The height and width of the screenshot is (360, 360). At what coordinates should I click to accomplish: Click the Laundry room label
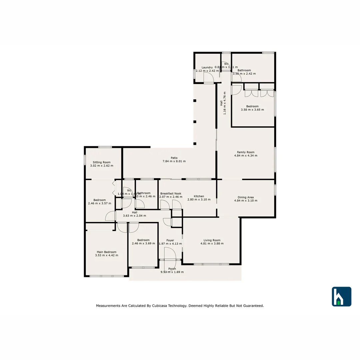(x=207, y=67)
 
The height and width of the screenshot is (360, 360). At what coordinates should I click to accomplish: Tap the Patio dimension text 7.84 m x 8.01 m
(x=174, y=161)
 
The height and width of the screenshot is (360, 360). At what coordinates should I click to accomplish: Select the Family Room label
(x=246, y=152)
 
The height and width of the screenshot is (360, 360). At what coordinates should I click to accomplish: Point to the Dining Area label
(x=246, y=197)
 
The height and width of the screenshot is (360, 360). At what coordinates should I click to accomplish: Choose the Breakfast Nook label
(x=171, y=193)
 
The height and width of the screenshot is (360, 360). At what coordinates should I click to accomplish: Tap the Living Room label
(x=212, y=240)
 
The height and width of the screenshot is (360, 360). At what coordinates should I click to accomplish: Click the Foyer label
(x=170, y=240)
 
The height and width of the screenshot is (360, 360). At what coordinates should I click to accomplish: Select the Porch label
(x=172, y=269)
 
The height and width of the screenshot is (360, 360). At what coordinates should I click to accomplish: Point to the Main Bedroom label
(x=107, y=252)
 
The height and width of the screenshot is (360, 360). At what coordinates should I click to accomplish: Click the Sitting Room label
(x=102, y=162)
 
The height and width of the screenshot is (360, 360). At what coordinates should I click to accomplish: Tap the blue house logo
(x=341, y=296)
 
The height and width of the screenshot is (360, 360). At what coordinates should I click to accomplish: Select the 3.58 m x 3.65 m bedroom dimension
(x=252, y=110)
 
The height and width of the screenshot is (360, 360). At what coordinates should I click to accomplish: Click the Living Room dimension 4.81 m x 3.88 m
(x=212, y=244)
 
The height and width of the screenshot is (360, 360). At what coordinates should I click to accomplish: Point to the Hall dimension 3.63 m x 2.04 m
(x=134, y=216)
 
